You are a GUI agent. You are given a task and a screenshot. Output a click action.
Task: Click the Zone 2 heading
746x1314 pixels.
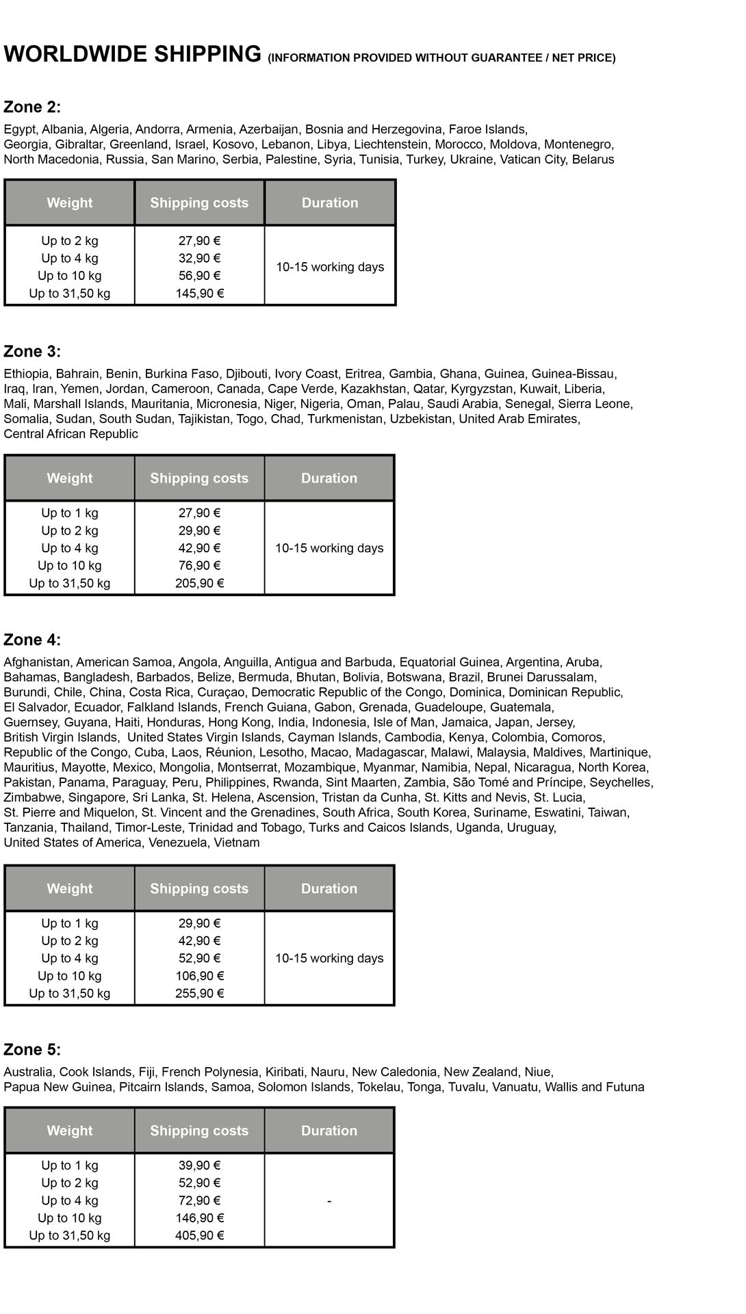click(x=32, y=107)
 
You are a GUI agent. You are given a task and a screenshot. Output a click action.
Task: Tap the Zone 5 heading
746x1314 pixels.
click(x=32, y=1049)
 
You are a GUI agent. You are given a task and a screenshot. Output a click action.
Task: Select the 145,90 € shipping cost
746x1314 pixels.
click(x=199, y=294)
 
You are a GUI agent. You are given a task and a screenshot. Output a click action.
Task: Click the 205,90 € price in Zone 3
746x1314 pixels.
click(x=199, y=583)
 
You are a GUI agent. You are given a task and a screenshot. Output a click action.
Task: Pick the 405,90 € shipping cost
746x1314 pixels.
click(x=199, y=1235)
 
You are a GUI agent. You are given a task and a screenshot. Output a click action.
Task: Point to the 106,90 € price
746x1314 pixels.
click(x=199, y=976)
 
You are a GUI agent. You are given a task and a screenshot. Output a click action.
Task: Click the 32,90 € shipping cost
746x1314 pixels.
click(x=199, y=259)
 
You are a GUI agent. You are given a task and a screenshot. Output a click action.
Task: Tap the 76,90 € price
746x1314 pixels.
click(x=199, y=566)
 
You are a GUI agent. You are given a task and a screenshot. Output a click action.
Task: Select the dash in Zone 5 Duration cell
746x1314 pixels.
click(x=329, y=1201)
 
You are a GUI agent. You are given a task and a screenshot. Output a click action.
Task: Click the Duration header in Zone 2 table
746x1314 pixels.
click(x=330, y=203)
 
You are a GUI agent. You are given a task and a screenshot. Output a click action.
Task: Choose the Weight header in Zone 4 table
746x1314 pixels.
click(x=70, y=888)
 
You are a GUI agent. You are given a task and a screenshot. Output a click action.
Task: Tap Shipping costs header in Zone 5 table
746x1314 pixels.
click(x=199, y=1131)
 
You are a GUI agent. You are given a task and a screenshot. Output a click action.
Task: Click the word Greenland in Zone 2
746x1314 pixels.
click(x=139, y=144)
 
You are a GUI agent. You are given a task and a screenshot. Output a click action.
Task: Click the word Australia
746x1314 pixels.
click(x=28, y=1072)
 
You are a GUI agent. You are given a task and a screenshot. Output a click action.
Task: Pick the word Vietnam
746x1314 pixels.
click(x=237, y=842)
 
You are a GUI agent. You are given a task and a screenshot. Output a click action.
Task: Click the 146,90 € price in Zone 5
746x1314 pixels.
click(x=199, y=1218)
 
